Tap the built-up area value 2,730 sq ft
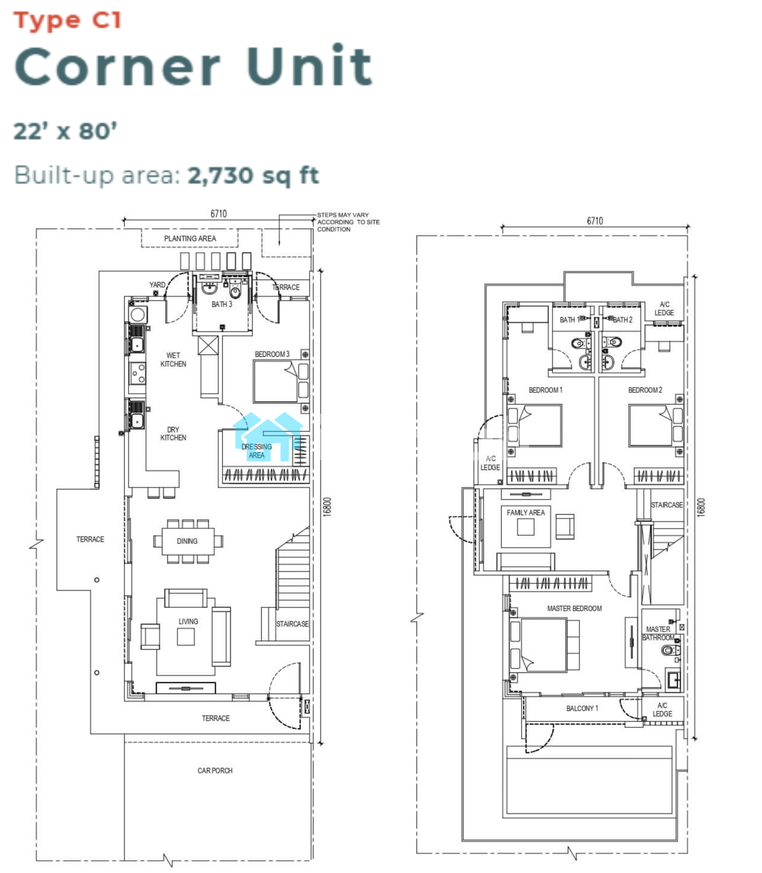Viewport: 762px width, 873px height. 253,176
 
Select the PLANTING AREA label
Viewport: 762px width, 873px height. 190,238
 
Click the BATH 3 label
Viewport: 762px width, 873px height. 222,304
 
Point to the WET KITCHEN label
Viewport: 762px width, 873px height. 173,360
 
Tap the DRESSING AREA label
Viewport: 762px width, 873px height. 257,451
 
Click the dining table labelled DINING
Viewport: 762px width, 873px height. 188,541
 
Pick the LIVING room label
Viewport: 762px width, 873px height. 188,621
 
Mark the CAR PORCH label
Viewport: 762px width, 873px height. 215,770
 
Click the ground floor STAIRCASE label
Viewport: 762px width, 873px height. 292,624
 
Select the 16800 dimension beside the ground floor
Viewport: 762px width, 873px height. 328,507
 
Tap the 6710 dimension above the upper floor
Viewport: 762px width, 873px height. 595,221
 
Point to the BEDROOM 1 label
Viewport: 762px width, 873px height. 546,390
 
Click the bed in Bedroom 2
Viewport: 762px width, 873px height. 656,426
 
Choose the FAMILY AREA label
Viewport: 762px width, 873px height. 526,512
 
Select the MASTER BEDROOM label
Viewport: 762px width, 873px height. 575,608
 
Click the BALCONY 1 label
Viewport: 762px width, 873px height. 582,708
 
